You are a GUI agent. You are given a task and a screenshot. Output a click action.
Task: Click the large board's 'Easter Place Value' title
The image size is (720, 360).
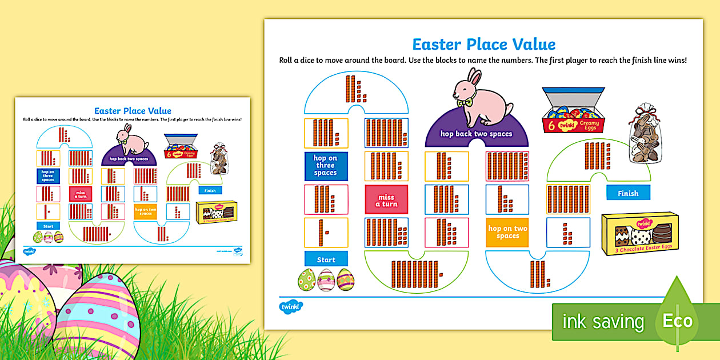pyautogui.click(x=483, y=45)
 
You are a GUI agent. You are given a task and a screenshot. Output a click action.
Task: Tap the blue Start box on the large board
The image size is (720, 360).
pyautogui.click(x=326, y=259)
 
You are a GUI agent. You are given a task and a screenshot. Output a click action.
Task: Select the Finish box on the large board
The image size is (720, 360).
pyautogui.click(x=627, y=193)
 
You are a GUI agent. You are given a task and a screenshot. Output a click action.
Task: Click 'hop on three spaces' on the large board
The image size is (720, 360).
pyautogui.click(x=326, y=166)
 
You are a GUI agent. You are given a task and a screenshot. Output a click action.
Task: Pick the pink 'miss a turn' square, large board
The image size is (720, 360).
pyautogui.click(x=386, y=200)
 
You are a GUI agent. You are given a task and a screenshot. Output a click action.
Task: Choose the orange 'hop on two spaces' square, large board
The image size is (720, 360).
pyautogui.click(x=507, y=232)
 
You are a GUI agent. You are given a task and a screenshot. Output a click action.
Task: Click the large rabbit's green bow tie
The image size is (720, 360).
pyautogui.click(x=469, y=103)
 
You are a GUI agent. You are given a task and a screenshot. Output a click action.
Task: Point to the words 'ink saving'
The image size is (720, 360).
pyautogui.click(x=603, y=321)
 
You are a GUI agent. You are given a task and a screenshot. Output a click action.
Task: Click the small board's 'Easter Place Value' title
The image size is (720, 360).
pyautogui.click(x=133, y=111)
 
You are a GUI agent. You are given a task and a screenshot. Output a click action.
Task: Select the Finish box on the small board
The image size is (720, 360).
pyautogui.click(x=210, y=190)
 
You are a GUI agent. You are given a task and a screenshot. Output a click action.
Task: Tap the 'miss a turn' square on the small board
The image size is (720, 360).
pyautogui.click(x=81, y=194)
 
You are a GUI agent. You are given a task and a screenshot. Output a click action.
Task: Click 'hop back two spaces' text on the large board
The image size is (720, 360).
pyautogui.click(x=476, y=134)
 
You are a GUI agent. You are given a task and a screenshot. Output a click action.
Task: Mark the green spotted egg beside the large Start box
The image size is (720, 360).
pyautogui.click(x=307, y=279)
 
